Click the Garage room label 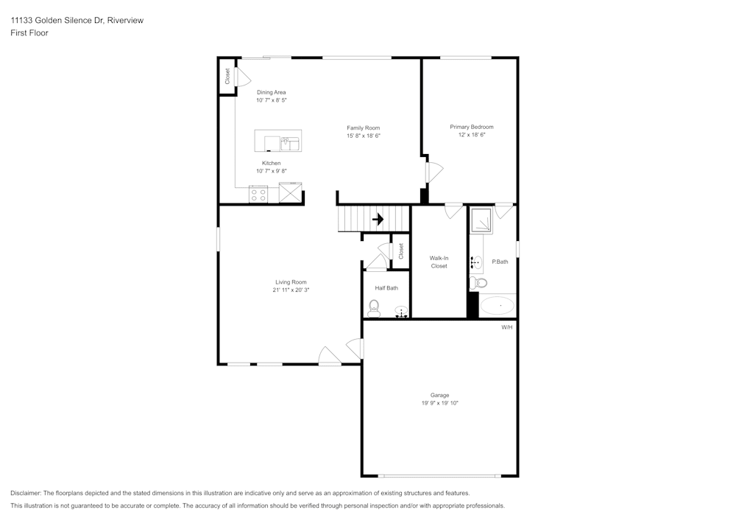[x=440, y=395]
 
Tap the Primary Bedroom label [x=472, y=127]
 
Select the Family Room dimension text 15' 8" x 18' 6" [x=363, y=136]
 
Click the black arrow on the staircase [x=378, y=219]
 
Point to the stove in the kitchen [x=258, y=195]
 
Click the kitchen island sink [x=290, y=141]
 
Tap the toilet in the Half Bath [x=373, y=308]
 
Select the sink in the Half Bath [x=401, y=311]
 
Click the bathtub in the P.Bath [x=498, y=305]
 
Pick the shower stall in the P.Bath [x=482, y=220]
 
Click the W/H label [x=506, y=326]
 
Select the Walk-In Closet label [x=439, y=262]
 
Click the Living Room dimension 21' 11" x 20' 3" [x=291, y=290]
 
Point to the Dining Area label [x=271, y=92]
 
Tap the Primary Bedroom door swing [x=434, y=172]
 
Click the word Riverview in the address [x=125, y=21]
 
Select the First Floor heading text [x=29, y=33]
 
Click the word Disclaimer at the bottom [x=26, y=493]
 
